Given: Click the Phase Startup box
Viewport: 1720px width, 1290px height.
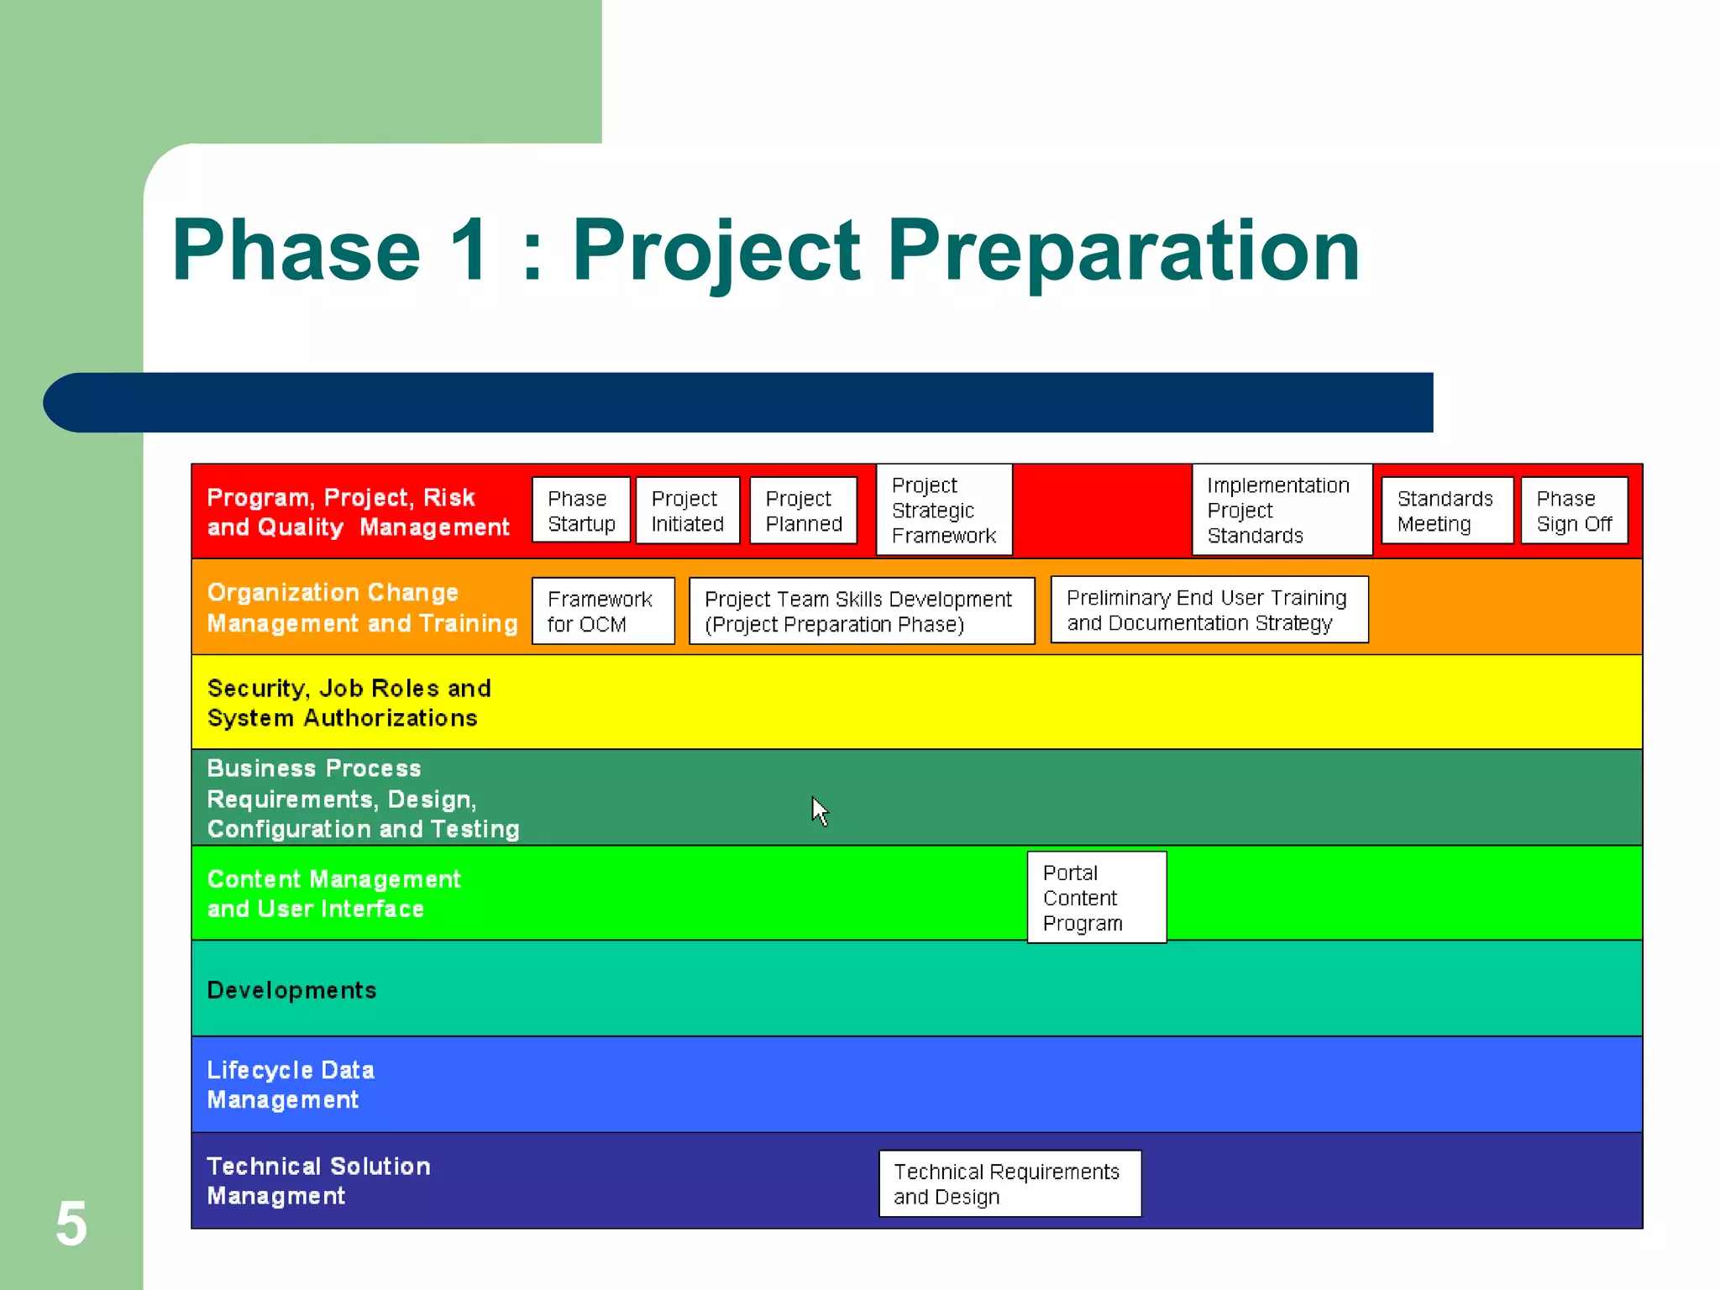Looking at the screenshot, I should coord(580,511).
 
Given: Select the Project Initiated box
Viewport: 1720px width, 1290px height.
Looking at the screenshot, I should coord(687,511).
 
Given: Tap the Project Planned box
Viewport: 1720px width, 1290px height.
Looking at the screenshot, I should coord(803,511).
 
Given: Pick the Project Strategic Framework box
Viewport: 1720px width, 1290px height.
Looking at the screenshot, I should coord(944,510).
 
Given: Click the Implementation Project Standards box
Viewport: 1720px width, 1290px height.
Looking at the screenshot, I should coord(1282,510).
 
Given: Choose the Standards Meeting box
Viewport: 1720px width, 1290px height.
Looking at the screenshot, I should coord(1446,511).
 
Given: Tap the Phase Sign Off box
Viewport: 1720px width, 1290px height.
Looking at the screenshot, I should coord(1574,511).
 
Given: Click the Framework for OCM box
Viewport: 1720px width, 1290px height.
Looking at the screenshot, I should coord(602,611).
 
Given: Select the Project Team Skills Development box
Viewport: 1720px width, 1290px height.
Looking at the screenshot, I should coord(861,611).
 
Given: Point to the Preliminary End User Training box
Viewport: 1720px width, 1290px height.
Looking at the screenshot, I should coord(1209,610).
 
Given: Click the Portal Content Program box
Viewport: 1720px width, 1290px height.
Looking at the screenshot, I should coord(1096,897).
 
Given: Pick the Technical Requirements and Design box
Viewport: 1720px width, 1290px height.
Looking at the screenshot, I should coord(1009,1183).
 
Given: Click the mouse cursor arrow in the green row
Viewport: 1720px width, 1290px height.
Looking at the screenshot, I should coord(819,810).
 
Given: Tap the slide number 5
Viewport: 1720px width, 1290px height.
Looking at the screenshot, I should coord(71,1224).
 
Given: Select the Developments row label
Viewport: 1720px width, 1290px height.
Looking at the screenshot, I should coord(291,990).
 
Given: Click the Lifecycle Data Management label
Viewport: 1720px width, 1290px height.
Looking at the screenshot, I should coord(290,1084).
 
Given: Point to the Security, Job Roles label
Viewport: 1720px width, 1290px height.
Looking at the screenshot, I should coord(348,703).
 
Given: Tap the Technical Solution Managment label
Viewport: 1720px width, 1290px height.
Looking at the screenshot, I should coord(317,1181).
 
